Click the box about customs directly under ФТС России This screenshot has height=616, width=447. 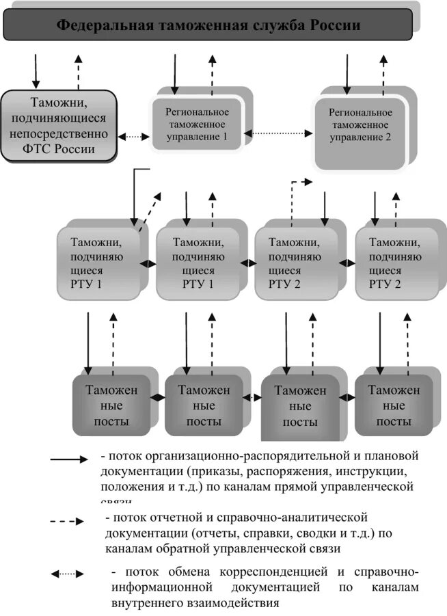(58, 126)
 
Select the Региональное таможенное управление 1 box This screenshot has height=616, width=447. (198, 124)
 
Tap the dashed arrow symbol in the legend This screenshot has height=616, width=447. (68, 521)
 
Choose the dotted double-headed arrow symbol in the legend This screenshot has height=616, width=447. (68, 574)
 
